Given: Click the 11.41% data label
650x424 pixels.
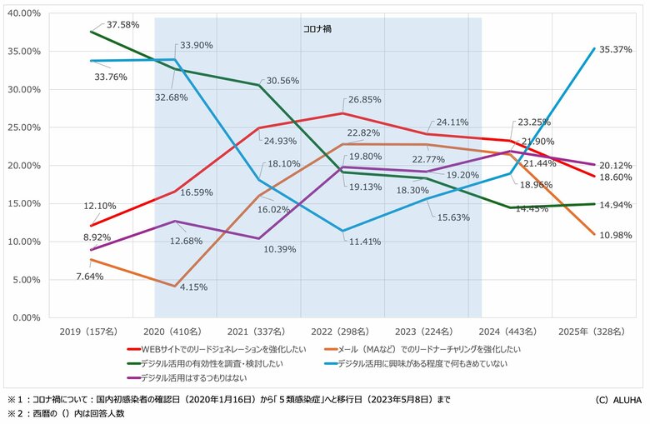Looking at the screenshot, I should pos(360,242).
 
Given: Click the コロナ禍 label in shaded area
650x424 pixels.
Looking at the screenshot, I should pos(317,28).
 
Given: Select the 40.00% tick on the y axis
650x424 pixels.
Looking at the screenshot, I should pos(25,13).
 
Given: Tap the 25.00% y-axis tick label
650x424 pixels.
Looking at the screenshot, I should pos(25,127).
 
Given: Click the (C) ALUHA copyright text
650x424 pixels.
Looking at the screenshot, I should pos(617,401).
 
